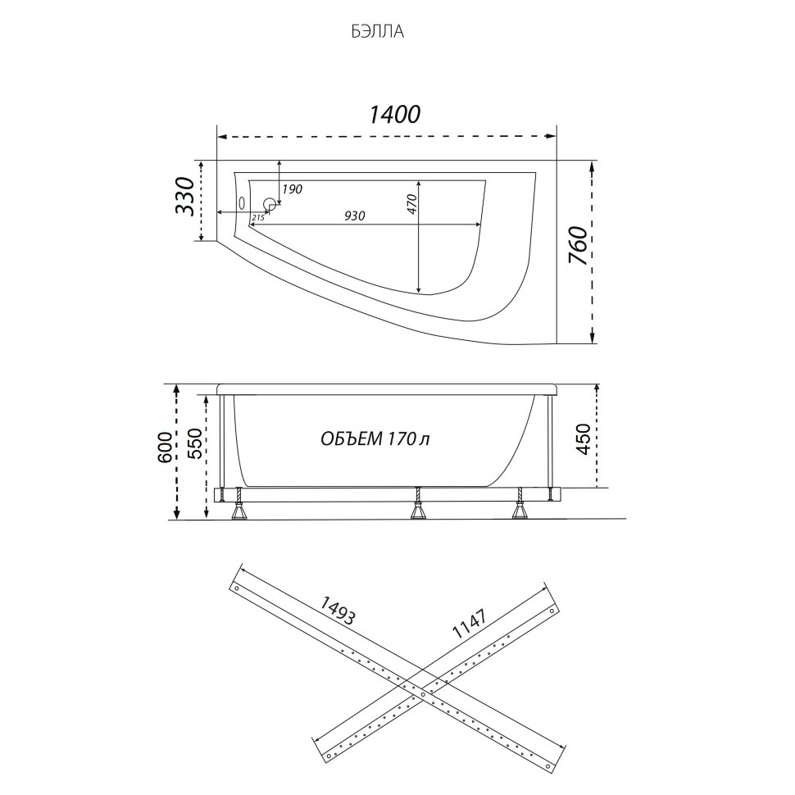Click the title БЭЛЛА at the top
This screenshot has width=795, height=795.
[378, 32]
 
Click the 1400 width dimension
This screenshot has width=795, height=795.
[394, 115]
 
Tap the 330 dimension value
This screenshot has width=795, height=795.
[185, 197]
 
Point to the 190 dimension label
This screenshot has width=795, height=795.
[292, 189]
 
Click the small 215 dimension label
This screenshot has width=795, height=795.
[257, 217]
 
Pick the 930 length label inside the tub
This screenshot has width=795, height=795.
[354, 216]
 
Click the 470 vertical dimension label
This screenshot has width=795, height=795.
[411, 204]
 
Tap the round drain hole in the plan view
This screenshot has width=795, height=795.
[270, 204]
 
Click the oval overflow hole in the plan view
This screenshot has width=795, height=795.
[242, 204]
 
